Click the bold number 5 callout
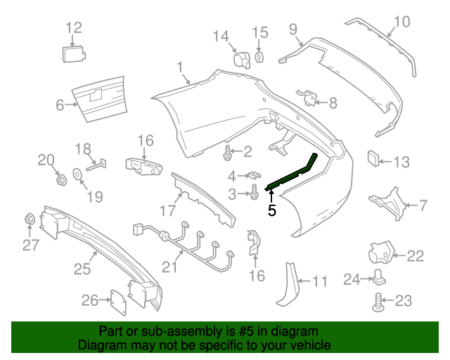point(272,208)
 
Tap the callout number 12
point(74,28)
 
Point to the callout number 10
point(400,22)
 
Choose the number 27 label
point(30,245)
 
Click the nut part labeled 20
point(60,178)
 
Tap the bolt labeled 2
point(229,150)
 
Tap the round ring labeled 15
point(259,56)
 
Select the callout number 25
point(82,269)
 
